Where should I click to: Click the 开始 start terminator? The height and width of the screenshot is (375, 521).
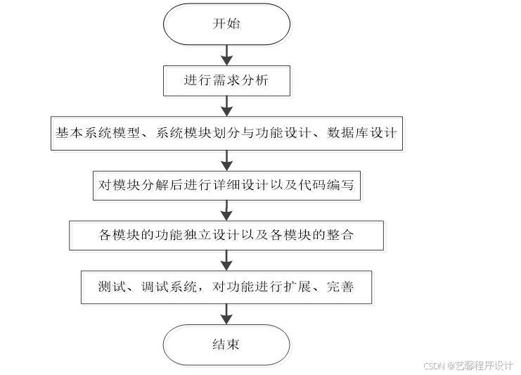(226, 24)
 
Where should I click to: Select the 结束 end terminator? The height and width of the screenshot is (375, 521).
(226, 345)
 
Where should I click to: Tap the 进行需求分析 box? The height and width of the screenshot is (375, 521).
(226, 81)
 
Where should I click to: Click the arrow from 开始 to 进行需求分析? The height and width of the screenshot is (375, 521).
(226, 54)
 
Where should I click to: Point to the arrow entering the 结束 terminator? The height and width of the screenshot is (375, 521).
(226, 314)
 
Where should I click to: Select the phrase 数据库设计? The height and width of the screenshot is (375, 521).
(363, 133)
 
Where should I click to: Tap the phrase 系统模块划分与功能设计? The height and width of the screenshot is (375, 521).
(227, 133)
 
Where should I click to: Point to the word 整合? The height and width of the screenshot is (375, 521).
(340, 235)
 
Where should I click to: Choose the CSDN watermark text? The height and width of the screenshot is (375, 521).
(469, 366)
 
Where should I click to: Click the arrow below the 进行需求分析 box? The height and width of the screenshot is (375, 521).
(226, 106)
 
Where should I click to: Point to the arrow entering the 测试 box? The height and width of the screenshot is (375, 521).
(226, 260)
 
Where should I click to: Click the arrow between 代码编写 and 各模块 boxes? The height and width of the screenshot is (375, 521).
(226, 210)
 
